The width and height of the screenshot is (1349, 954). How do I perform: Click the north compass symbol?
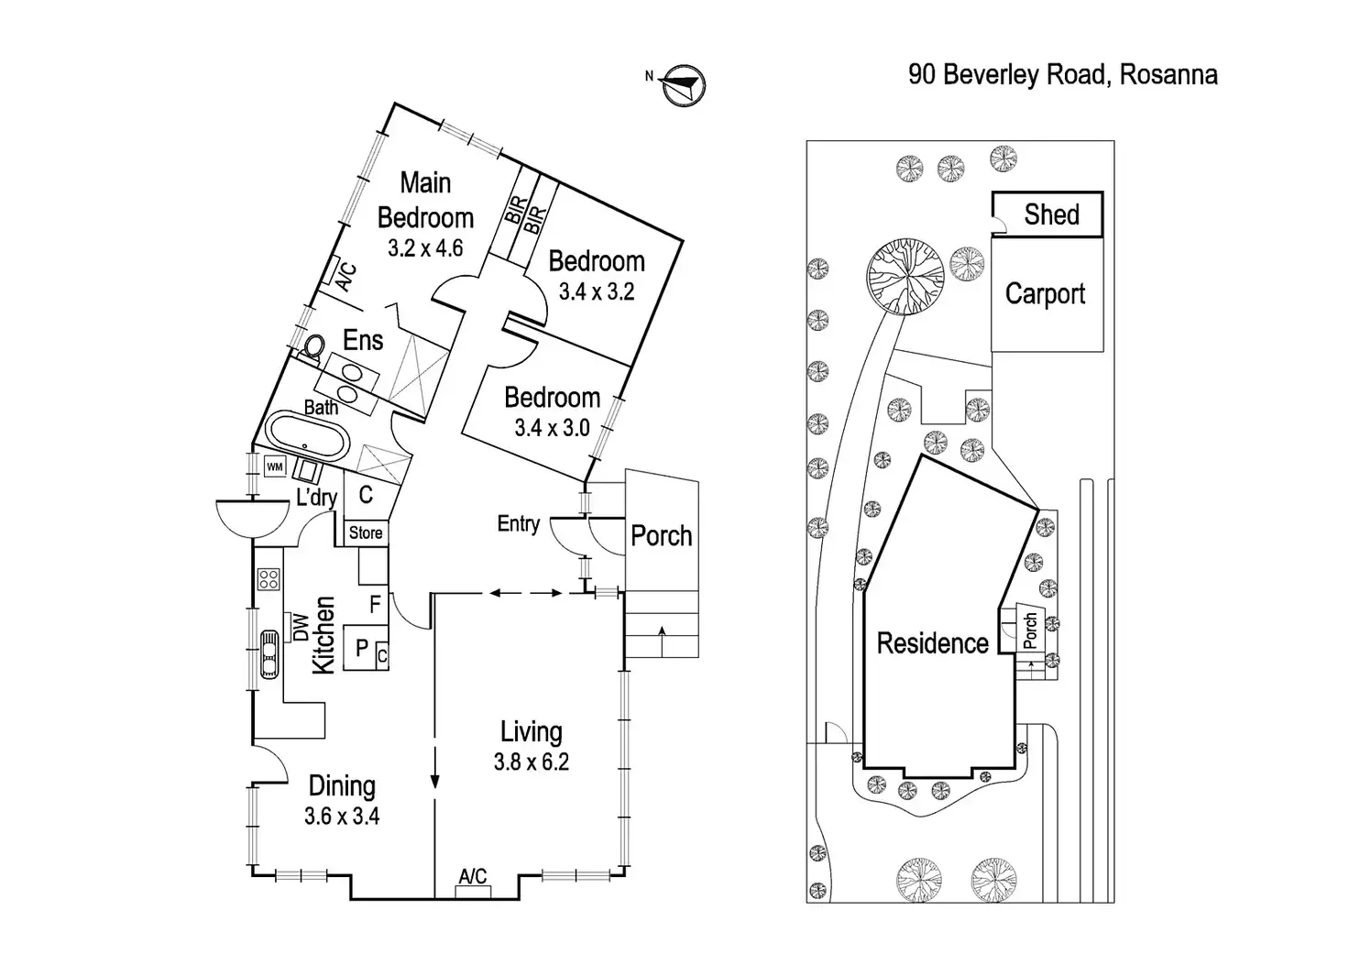click(684, 85)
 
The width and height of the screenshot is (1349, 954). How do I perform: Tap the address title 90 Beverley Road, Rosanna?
click(1063, 75)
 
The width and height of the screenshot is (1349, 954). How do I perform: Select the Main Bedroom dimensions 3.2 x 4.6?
click(425, 248)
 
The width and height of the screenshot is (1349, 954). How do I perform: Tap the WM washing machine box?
click(275, 466)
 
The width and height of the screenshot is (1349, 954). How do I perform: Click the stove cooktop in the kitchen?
click(269, 579)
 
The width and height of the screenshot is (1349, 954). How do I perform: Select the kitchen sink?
click(269, 654)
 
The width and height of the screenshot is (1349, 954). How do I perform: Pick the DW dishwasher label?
click(301, 627)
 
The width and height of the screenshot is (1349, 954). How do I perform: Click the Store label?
click(366, 533)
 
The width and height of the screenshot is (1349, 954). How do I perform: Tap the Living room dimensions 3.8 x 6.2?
click(532, 762)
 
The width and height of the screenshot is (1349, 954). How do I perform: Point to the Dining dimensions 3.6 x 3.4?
click(342, 817)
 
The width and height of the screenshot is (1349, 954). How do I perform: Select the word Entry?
click(519, 524)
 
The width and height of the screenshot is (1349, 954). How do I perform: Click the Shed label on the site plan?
click(1051, 214)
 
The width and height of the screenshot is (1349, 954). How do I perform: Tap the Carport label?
click(1045, 294)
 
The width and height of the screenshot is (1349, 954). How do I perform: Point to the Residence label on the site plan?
click(932, 643)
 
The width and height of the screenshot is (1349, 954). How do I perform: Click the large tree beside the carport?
click(905, 276)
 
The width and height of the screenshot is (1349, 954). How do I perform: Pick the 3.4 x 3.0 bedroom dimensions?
click(552, 428)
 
